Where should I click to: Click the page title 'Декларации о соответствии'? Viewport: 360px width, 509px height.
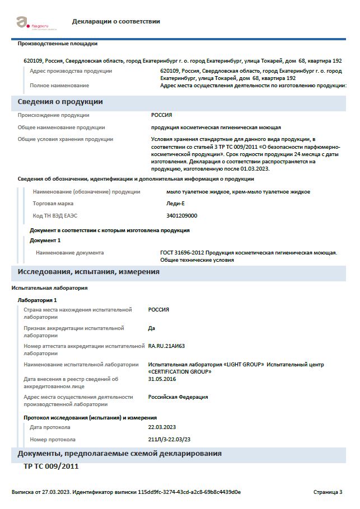[x=116, y=21]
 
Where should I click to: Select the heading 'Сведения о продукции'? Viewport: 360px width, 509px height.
[x=60, y=102]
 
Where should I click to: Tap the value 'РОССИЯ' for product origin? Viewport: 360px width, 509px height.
[x=161, y=115]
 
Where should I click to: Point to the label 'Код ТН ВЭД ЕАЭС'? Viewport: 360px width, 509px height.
[x=55, y=215]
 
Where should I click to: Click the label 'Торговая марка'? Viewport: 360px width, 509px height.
[x=53, y=204]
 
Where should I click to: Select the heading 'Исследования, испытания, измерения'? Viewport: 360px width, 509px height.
[x=88, y=272]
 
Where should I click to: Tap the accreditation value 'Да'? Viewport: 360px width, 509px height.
[x=151, y=328]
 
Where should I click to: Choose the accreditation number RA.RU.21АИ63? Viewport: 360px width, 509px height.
[x=166, y=346]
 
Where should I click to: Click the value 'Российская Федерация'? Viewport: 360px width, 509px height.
[x=177, y=397]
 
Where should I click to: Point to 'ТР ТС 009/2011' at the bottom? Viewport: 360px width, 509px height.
[x=51, y=466]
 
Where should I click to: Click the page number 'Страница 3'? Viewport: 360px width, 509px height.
[x=328, y=492]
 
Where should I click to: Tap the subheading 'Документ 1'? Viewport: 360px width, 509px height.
[x=45, y=241]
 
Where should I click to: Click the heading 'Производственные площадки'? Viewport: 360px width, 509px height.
[x=58, y=44]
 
